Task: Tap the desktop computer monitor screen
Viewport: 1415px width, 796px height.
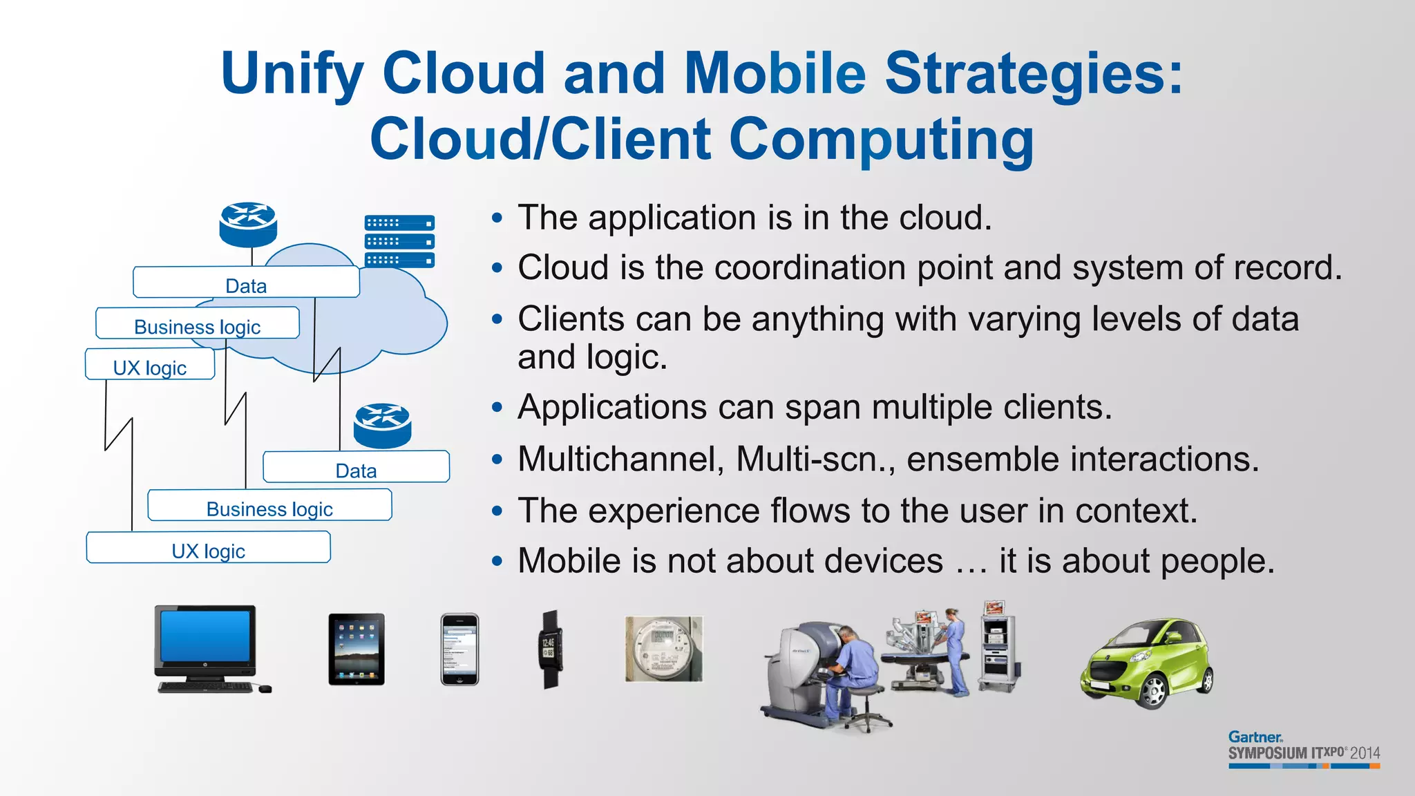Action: click(205, 636)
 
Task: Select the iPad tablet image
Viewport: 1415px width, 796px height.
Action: click(357, 649)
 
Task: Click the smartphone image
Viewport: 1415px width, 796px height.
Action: click(459, 649)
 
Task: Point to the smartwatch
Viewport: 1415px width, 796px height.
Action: click(550, 650)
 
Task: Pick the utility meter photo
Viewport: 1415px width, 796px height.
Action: click(663, 649)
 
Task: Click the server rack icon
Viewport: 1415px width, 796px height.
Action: click(399, 241)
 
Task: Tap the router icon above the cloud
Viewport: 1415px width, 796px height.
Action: click(248, 224)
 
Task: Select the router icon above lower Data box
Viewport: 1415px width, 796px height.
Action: click(382, 425)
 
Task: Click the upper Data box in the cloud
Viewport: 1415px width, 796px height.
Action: click(246, 283)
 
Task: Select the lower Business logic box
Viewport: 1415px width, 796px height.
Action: click(269, 506)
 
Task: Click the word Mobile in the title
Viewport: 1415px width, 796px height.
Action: click(775, 73)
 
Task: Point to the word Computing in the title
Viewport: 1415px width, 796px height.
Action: click(882, 139)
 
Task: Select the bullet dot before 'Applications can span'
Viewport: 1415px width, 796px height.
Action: click(497, 408)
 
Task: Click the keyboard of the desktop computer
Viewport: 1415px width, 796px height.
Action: click(205, 687)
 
